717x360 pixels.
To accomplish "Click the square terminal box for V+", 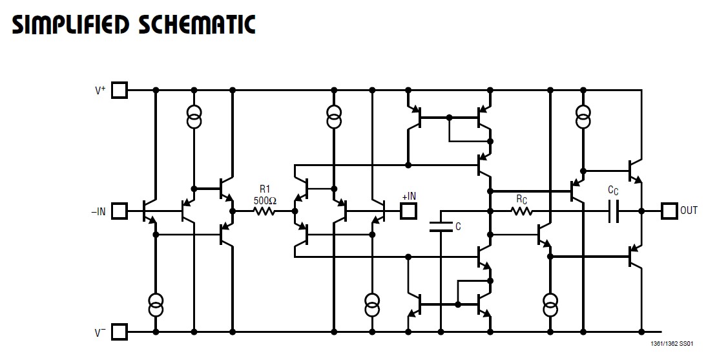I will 119,90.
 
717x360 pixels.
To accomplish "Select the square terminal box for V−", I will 119,332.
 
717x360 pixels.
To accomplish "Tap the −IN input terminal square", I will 119,211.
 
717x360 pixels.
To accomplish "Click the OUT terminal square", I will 669,211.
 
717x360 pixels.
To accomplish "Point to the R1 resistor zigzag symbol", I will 265,211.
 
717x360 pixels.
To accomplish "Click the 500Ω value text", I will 265,200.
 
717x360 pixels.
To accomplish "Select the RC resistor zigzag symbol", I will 522,211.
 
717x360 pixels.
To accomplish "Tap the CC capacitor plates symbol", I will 613,211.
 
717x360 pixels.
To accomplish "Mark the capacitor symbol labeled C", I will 441,226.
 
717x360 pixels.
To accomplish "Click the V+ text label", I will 100,90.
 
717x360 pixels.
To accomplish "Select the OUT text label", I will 689,211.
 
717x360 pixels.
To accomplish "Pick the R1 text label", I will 265,189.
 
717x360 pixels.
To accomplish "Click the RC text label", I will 522,199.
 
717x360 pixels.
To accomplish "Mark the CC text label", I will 613,190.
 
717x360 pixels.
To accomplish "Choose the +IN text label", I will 409,196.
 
